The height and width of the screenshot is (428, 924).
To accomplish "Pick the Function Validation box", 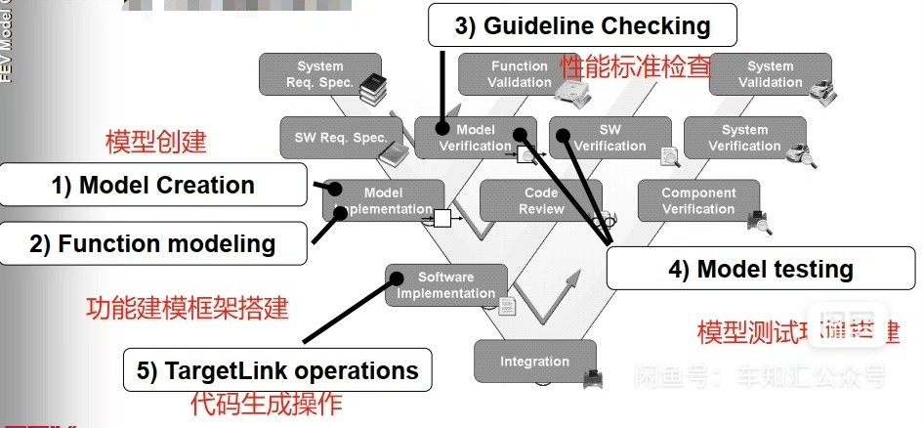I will [521, 74].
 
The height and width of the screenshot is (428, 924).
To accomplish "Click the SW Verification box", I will [609, 138].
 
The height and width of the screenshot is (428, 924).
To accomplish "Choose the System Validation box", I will [770, 74].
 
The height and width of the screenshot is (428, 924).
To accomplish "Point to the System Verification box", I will [744, 138].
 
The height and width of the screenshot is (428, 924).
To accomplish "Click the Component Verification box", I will [697, 201].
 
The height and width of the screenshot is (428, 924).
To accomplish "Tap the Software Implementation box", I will [446, 285].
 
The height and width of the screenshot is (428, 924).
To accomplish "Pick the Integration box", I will [534, 362].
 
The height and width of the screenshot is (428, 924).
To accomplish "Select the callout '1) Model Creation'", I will [153, 185].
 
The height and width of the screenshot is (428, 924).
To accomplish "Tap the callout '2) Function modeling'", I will [152, 243].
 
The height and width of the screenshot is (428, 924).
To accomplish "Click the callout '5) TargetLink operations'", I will [277, 371].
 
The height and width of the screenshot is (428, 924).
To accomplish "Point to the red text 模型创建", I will [155, 141].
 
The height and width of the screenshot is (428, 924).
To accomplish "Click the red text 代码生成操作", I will [266, 404].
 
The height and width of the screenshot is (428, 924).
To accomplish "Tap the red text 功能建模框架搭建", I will [188, 308].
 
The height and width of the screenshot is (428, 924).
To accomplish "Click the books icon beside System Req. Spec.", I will [373, 89].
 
